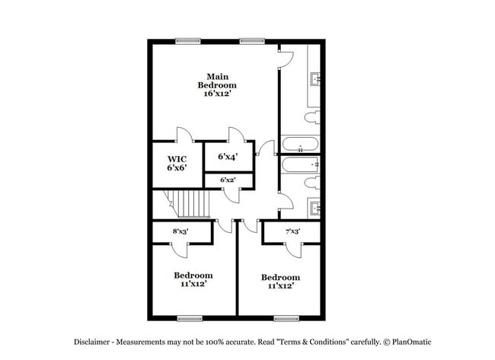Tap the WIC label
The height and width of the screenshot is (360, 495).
[177, 159]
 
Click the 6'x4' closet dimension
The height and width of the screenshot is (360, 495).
[228, 157]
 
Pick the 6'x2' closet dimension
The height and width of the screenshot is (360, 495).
[228, 180]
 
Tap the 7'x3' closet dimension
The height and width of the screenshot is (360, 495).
[292, 231]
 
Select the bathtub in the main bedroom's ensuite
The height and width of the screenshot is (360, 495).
[300, 145]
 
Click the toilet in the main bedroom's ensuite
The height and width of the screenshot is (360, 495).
[311, 118]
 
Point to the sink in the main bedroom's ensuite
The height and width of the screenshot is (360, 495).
[315, 78]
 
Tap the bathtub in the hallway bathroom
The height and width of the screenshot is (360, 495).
[300, 164]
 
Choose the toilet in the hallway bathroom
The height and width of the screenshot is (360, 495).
[311, 182]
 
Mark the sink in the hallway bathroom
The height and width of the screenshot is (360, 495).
[315, 206]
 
